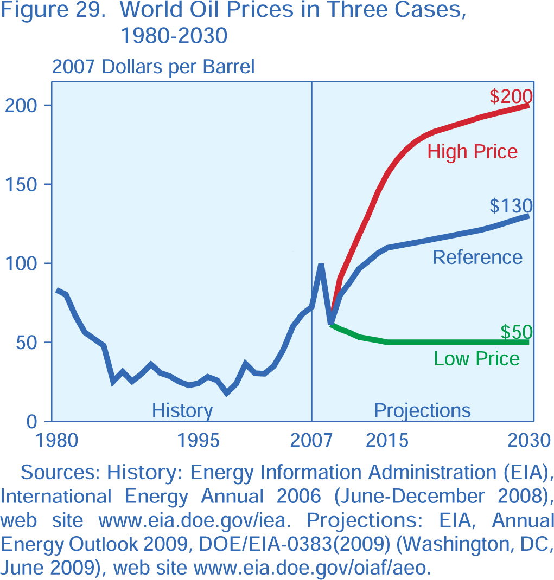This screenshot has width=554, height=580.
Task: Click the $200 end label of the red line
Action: click(511, 96)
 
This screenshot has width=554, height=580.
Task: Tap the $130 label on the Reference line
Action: click(511, 206)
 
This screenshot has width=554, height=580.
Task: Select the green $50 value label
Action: click(516, 332)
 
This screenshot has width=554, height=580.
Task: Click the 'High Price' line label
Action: click(473, 151)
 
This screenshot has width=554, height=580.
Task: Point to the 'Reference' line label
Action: click(477, 257)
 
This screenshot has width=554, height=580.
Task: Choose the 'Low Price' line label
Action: click(477, 358)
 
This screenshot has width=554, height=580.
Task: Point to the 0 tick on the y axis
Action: click(32, 421)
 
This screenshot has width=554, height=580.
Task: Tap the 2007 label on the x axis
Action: click(311, 440)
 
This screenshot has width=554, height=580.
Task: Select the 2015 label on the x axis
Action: click(387, 440)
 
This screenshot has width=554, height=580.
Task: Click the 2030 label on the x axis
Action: click(529, 440)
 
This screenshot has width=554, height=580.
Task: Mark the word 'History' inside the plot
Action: click(182, 410)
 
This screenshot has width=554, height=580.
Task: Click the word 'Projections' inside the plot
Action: click(423, 410)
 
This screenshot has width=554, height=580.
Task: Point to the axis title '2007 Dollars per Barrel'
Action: click(153, 67)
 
